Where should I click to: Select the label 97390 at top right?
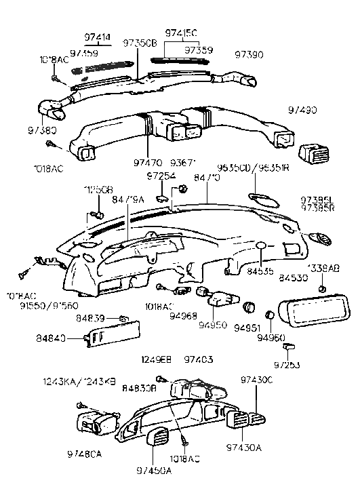[x=249, y=54]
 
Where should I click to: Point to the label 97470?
[x=148, y=163]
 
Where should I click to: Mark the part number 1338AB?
[x=323, y=268]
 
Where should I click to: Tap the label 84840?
[x=51, y=338]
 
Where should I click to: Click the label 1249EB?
[x=156, y=359]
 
